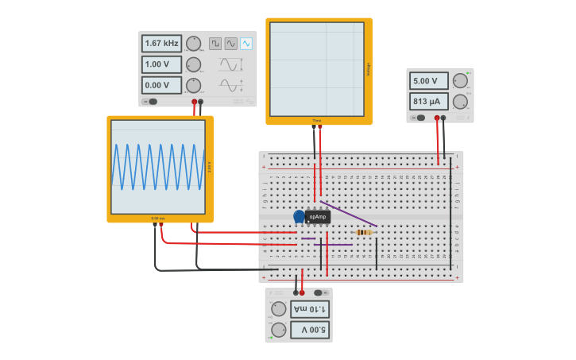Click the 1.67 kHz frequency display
click(161, 44)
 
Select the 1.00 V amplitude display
click(161, 64)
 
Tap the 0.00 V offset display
click(161, 85)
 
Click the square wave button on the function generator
click(215, 44)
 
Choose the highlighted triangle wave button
click(246, 44)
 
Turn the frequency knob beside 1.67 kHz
click(193, 44)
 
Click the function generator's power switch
click(151, 102)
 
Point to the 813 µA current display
click(429, 101)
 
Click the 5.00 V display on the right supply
click(429, 80)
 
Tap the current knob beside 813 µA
click(460, 101)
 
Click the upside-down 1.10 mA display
click(309, 309)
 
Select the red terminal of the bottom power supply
click(302, 292)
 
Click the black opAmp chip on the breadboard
click(318, 216)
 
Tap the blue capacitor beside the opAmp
click(299, 216)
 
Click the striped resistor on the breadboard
click(364, 232)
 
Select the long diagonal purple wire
click(348, 213)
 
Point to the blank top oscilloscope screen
click(317, 69)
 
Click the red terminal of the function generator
click(194, 102)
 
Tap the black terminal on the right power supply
click(444, 118)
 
